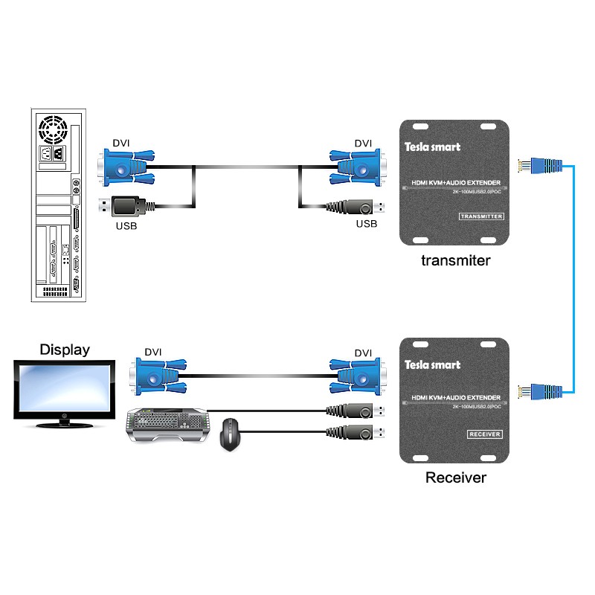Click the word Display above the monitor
[65, 349]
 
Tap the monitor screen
[65, 391]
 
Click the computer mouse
[232, 434]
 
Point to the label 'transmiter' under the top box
[456, 260]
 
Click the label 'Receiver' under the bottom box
[456, 477]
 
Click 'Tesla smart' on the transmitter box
[432, 147]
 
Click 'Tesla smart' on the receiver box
[432, 364]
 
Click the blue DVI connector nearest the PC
[127, 167]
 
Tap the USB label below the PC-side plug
[126, 224]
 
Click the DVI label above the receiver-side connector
[363, 353]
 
